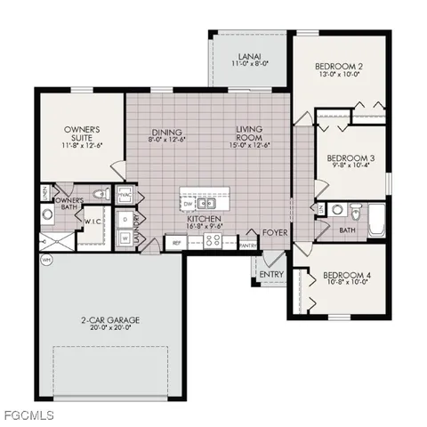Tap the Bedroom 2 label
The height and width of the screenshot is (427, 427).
click(x=341, y=67)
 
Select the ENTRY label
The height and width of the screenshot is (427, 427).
click(x=271, y=275)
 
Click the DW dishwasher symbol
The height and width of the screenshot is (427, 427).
click(x=189, y=201)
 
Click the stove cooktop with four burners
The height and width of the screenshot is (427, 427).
click(x=214, y=240)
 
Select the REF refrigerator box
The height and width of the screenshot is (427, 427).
click(x=177, y=241)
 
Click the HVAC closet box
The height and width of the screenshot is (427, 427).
click(x=125, y=194)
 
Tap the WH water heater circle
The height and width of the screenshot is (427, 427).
click(x=45, y=261)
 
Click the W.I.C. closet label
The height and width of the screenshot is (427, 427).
click(x=92, y=222)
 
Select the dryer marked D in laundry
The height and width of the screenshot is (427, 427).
click(x=125, y=219)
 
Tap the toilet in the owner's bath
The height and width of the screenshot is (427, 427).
click(x=101, y=194)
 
